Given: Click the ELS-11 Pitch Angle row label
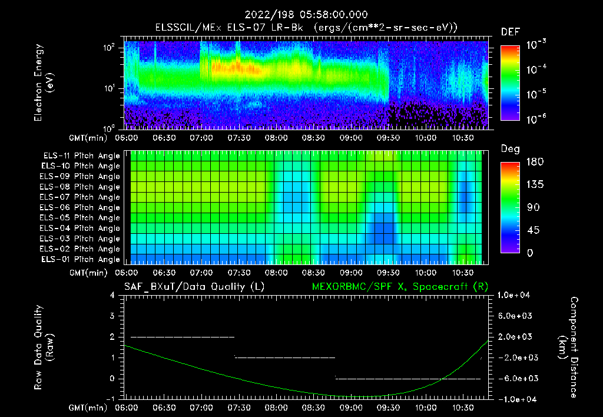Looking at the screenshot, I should (80, 156).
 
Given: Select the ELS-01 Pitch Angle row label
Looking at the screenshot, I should (80, 260).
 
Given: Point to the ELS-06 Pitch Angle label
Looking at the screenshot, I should (80, 208).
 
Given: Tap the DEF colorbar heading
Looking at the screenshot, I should (509, 32).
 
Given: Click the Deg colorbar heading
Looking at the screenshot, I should (509, 149).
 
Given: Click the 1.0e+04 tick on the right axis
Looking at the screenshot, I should (515, 295).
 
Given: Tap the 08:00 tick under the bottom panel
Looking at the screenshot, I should (276, 408).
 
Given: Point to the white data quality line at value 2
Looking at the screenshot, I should (183, 337).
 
